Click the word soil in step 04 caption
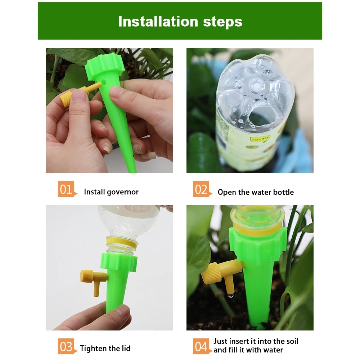click(x=291, y=341)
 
